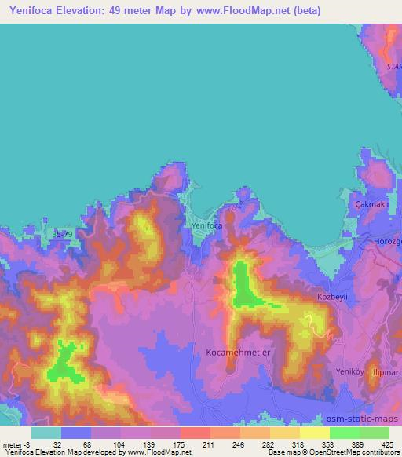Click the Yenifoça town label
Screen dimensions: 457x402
pyautogui.click(x=206, y=225)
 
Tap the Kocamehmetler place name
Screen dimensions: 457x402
pyautogui.click(x=238, y=353)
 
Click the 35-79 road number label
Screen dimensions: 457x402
pyautogui.click(x=62, y=234)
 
